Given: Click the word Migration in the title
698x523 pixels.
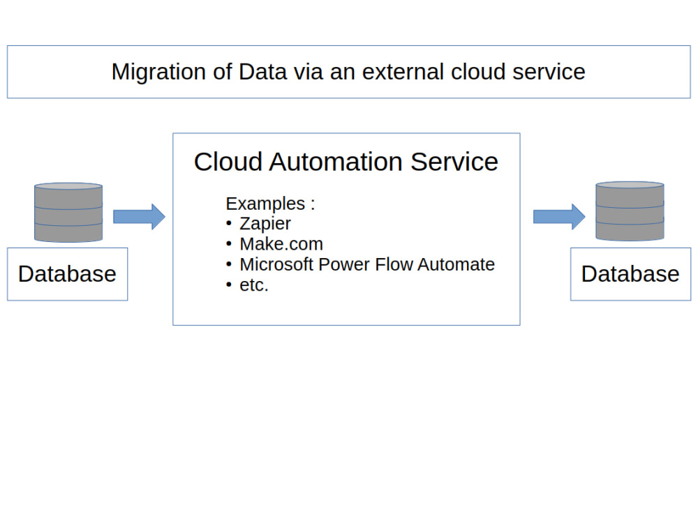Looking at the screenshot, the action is [158, 72].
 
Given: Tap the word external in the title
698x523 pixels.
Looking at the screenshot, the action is [403, 72].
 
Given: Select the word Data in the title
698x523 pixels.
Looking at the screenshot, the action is [262, 72].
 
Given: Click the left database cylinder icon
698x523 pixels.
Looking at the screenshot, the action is [68, 212].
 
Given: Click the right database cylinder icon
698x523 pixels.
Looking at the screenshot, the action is [630, 211].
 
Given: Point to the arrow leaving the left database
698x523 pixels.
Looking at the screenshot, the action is [140, 217].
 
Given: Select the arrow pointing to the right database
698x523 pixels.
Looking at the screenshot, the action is [560, 217].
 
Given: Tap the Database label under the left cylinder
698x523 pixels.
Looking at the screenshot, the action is [67, 273].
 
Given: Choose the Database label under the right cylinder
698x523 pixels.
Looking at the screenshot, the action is [630, 273].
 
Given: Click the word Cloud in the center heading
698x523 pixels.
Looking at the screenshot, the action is [229, 162].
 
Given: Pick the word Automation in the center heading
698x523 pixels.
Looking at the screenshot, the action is [336, 162].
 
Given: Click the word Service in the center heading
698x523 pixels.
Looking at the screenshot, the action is [454, 162].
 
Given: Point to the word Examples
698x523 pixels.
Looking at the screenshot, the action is [265, 204].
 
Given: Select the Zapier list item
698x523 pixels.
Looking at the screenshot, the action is [265, 224].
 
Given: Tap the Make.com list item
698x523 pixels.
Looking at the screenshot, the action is [281, 244].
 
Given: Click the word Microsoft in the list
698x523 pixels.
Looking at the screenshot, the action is [276, 264].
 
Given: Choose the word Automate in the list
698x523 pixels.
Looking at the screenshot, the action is [456, 264].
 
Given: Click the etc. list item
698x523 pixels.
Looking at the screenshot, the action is [254, 285].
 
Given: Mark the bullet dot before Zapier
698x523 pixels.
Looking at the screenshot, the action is [229, 223].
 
